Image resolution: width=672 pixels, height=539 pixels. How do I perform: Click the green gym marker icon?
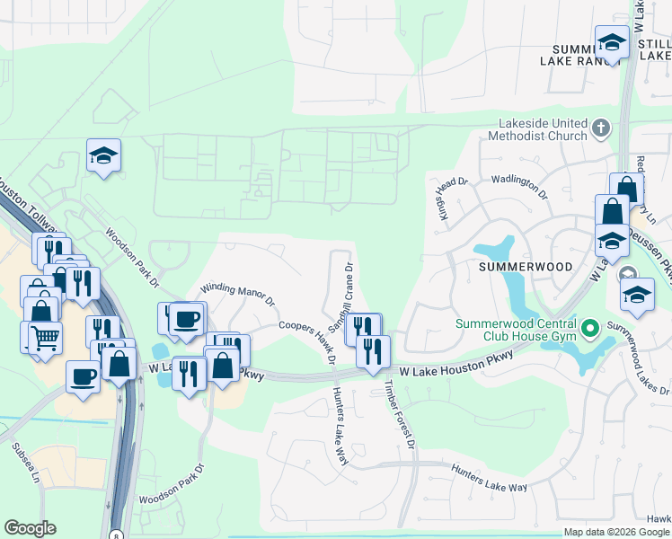(x=590, y=329)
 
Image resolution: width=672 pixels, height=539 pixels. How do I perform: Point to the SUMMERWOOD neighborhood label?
(x=514, y=267)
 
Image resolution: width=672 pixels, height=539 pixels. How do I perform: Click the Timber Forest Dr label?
(x=401, y=413)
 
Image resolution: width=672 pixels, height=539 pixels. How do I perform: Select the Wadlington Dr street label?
(x=517, y=186)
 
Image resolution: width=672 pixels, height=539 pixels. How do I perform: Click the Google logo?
(x=30, y=528)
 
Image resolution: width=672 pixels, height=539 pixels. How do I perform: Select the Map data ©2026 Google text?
(x=615, y=532)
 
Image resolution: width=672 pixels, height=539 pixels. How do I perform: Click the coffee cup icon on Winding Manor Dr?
(x=187, y=319)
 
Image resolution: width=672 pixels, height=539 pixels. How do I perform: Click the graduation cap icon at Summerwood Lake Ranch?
(x=612, y=42)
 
